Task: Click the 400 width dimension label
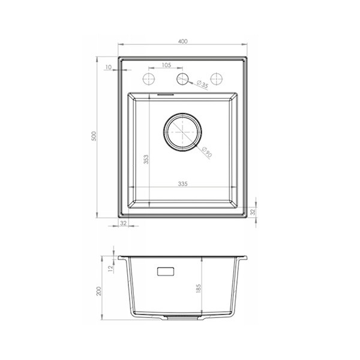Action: click(182, 41)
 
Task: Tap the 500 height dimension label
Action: click(94, 136)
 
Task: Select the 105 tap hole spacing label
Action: click(166, 65)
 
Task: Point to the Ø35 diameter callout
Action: click(202, 84)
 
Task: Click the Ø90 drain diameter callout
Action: click(206, 152)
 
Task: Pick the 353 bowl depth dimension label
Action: click(146, 160)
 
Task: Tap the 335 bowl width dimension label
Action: click(183, 184)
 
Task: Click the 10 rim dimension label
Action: click(109, 67)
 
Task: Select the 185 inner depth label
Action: click(199, 289)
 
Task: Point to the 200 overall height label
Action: click(99, 291)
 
